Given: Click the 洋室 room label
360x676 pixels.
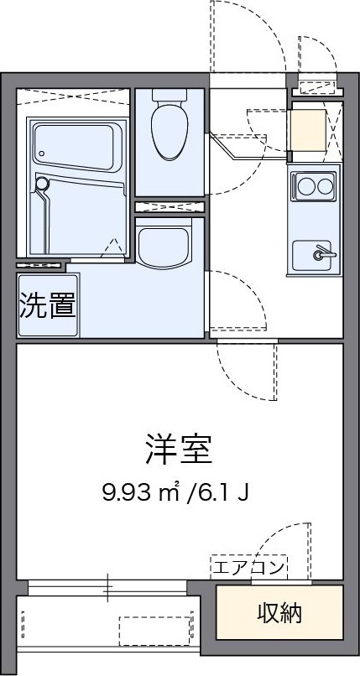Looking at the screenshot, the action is (179, 450).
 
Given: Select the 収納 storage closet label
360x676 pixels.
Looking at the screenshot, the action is (279, 612).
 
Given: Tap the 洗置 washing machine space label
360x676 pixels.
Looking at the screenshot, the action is (49, 304).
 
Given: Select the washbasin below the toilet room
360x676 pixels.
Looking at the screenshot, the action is (164, 243).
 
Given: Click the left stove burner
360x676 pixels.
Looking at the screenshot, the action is (305, 187).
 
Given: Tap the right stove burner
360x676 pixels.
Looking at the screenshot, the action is (325, 187).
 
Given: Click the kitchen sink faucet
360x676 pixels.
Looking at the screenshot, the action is (323, 253).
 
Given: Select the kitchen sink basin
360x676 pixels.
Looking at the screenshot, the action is (311, 256).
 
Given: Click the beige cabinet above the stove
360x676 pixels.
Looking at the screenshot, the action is (308, 130).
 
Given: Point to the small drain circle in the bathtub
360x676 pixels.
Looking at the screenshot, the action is (42, 153).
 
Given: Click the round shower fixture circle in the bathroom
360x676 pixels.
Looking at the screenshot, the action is (42, 184).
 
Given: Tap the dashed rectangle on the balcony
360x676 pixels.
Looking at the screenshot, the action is (154, 632).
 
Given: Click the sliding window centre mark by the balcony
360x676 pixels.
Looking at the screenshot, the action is (107, 587).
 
